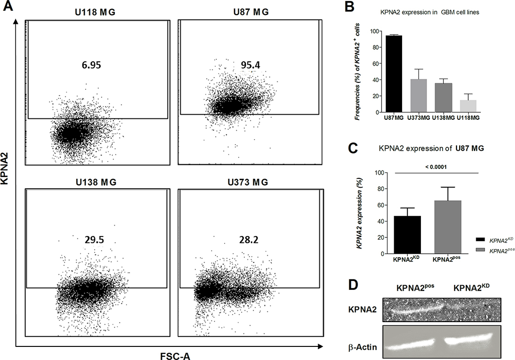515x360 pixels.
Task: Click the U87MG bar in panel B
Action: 394,74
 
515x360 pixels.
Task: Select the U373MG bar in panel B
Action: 419,96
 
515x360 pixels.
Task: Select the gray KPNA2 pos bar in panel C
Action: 448,228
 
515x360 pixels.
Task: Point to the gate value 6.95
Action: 91,65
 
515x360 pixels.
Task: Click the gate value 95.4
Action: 250,65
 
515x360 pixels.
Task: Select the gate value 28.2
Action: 248,240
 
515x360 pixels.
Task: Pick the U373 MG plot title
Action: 248,182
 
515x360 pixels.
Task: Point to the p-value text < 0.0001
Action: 436,167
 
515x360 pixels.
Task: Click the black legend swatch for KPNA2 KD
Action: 480,240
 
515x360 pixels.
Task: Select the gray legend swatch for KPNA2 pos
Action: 480,250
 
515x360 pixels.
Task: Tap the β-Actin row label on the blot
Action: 362,347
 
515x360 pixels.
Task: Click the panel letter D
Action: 353,285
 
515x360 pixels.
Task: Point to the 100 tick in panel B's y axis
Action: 375,31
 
